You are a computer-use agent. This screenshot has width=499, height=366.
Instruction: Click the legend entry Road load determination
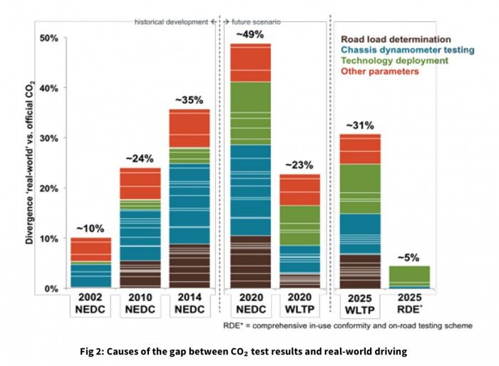click(396, 39)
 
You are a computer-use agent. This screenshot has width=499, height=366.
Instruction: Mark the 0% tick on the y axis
click(51, 289)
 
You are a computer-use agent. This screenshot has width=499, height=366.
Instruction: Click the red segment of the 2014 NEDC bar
click(189, 128)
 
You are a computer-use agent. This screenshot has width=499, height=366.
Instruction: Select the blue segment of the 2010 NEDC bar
click(140, 235)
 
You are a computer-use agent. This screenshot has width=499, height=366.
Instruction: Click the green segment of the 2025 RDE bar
click(409, 275)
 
